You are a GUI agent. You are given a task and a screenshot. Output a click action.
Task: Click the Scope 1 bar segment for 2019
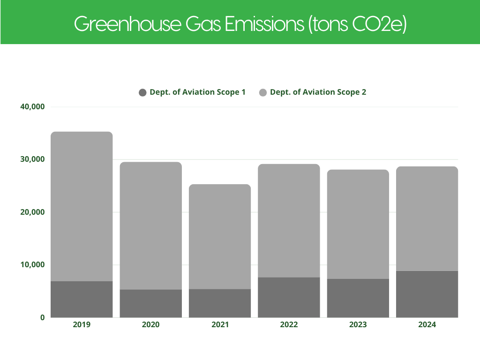[x=82, y=299]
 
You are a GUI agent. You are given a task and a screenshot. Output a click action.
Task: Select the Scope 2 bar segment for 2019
[x=82, y=206]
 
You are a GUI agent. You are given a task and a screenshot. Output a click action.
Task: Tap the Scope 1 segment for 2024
[x=427, y=294]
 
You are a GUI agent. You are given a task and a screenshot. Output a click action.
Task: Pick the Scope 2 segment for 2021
[x=220, y=236]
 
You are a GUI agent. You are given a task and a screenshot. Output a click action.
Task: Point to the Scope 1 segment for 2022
[x=289, y=297]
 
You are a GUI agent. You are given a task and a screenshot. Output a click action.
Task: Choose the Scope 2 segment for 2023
[x=358, y=224]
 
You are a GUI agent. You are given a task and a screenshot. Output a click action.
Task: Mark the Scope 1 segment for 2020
[x=150, y=303]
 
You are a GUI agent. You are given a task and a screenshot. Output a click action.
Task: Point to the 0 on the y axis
[x=42, y=317]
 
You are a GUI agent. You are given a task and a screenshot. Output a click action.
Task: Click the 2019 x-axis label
[x=82, y=324]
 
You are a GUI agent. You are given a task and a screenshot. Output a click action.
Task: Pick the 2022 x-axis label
[x=289, y=324]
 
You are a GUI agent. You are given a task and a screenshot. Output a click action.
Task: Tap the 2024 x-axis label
[x=427, y=324]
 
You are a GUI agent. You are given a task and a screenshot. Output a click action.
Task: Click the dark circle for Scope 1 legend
[x=143, y=92]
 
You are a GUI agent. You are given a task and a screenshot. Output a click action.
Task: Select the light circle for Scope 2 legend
[x=263, y=92]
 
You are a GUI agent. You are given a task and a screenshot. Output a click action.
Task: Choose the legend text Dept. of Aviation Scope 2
[x=318, y=92]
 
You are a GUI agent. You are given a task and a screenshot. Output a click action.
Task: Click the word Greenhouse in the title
[x=127, y=24]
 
